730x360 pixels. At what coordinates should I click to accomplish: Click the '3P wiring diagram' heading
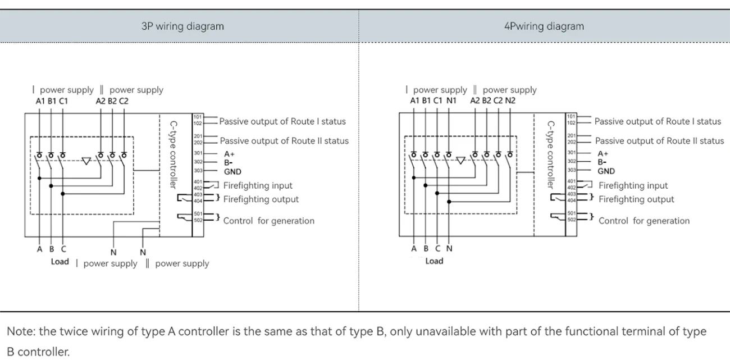[182, 26]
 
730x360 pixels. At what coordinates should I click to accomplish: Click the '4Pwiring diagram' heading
[544, 26]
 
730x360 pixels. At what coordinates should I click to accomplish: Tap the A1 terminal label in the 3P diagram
[40, 101]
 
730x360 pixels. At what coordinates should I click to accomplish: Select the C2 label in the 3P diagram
[124, 101]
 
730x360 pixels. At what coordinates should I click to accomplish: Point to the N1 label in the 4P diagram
[451, 101]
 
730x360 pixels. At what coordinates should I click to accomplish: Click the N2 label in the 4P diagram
[510, 101]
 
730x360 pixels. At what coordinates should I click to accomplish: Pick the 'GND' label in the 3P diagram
[232, 172]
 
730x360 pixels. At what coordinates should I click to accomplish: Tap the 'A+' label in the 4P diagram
[603, 153]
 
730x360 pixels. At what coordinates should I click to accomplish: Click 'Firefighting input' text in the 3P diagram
[258, 185]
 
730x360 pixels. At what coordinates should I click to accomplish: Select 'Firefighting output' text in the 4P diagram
[636, 199]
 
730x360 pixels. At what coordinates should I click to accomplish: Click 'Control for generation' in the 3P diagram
[268, 221]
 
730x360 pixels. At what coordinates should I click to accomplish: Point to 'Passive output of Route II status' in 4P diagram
[659, 141]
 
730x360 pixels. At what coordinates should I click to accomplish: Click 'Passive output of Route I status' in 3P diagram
[282, 121]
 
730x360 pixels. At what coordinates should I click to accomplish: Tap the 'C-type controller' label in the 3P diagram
[174, 154]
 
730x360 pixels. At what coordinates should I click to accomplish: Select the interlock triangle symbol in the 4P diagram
[461, 161]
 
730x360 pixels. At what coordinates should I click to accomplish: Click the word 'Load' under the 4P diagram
[434, 261]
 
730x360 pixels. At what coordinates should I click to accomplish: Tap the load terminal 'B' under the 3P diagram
[52, 249]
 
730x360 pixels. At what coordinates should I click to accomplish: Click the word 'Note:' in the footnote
[21, 331]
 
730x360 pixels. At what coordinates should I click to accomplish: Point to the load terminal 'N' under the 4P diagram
[449, 249]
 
